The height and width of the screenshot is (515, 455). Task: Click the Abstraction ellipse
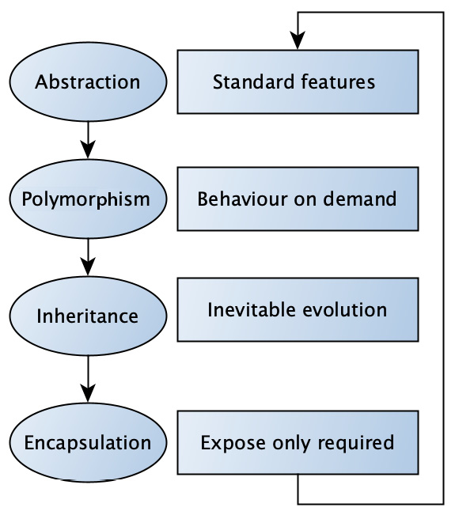click(x=88, y=81)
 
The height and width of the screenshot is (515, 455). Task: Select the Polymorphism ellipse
click(x=88, y=199)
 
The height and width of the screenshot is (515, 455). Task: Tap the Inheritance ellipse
click(x=88, y=316)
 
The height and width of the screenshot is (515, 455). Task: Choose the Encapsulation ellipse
click(x=88, y=442)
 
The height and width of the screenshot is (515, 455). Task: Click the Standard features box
click(x=298, y=81)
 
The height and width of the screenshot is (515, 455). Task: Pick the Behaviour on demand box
click(x=298, y=199)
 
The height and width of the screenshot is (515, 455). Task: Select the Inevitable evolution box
click(x=298, y=310)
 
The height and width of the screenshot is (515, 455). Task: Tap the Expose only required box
click(x=298, y=442)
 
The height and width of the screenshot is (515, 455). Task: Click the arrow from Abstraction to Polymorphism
click(x=88, y=140)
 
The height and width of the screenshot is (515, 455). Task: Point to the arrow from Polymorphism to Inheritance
click(x=88, y=257)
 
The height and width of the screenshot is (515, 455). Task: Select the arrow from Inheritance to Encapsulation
click(x=88, y=379)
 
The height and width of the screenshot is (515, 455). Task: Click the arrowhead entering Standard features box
click(x=298, y=40)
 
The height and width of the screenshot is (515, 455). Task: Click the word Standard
click(x=253, y=81)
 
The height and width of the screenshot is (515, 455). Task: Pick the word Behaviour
click(x=242, y=199)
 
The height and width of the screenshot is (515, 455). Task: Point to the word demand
click(x=360, y=199)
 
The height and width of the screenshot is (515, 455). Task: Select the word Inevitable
click(x=252, y=310)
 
